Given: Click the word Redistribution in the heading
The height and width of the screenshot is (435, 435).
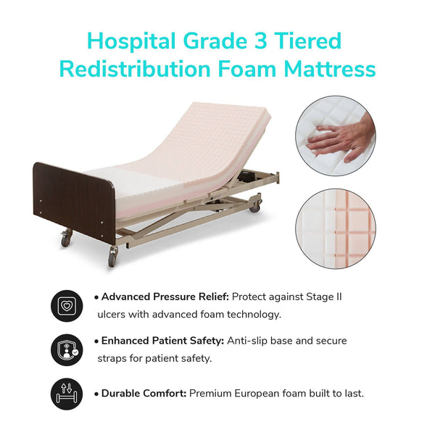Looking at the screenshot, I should (x=130, y=69).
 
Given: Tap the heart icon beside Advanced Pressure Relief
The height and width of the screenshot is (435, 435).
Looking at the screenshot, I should (x=67, y=305).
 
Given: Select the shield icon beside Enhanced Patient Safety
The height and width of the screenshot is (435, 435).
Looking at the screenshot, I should (x=67, y=349).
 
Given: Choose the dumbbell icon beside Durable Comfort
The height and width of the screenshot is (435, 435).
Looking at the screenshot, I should (x=67, y=394).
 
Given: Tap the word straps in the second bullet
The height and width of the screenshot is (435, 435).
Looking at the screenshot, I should (x=113, y=358).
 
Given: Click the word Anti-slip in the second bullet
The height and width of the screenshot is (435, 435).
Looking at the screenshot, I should (x=249, y=341).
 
